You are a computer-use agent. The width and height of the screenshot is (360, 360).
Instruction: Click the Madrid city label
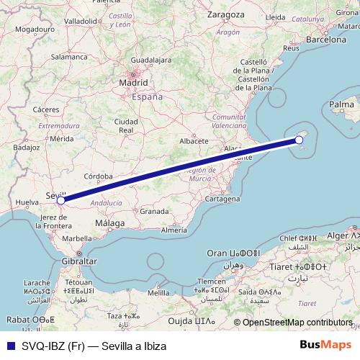coord(134,83)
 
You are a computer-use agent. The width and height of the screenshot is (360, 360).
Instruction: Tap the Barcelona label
coord(326,40)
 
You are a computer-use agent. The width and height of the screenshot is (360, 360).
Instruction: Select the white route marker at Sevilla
coord(61,201)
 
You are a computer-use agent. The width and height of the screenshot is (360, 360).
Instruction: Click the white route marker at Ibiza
coord(299,140)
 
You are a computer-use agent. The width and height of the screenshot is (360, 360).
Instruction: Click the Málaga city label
coord(110,225)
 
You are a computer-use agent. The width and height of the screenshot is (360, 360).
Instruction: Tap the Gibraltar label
coord(79,260)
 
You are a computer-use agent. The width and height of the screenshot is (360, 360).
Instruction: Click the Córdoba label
coord(98,176)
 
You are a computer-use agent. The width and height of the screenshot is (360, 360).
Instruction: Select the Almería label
coord(174,230)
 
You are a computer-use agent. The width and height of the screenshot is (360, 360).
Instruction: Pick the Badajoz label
coord(25,146)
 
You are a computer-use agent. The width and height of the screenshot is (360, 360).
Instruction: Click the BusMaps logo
coord(332,346)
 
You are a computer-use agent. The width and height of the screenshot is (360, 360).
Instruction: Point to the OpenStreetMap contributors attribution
coord(297,323)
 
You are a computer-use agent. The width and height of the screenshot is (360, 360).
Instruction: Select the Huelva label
coord(27,203)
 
